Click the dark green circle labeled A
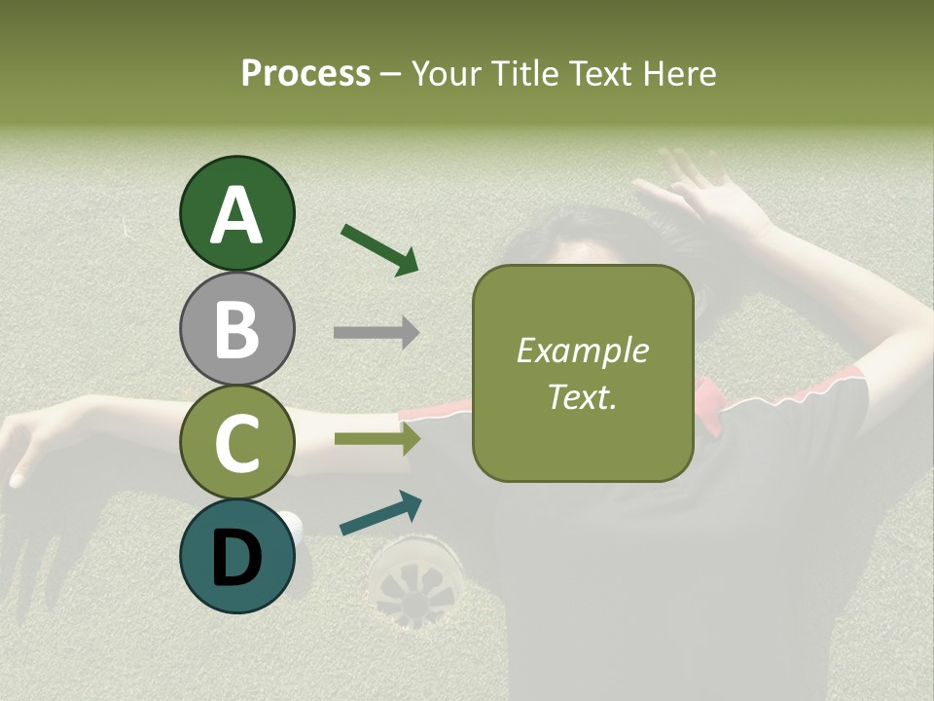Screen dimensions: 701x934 (x=236, y=213)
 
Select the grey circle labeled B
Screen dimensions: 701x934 (x=236, y=328)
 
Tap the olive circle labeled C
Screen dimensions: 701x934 (x=236, y=443)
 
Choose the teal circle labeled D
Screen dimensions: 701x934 (x=236, y=557)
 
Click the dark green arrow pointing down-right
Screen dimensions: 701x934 (x=379, y=249)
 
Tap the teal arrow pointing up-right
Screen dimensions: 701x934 (x=380, y=513)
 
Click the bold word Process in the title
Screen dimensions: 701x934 (x=305, y=73)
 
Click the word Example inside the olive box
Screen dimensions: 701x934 (x=582, y=350)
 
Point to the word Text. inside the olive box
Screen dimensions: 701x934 (x=582, y=397)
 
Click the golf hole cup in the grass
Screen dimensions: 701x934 (x=416, y=580)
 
